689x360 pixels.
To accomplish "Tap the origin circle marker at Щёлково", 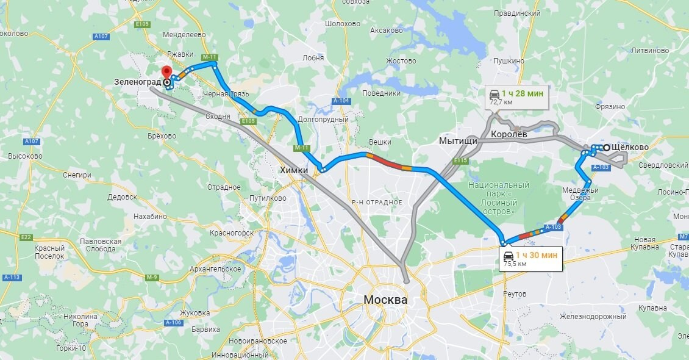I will point(607,148).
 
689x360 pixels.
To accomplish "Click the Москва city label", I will point(385,300).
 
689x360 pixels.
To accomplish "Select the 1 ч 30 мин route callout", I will point(529,259).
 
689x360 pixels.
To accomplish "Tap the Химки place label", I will point(294,170).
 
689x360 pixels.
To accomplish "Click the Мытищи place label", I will point(458,141).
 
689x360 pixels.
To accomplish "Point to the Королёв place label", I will point(509,134).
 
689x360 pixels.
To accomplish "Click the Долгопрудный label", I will point(323,120).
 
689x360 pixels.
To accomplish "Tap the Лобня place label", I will point(313,58).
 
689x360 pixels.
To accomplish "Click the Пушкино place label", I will point(509,61).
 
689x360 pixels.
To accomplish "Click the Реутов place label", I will point(515,294).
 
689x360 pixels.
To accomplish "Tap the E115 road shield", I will point(460,160).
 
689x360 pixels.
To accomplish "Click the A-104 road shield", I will point(341,101).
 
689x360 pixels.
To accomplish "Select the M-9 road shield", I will point(152,277).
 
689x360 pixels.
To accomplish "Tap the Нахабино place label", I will point(149,216).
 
